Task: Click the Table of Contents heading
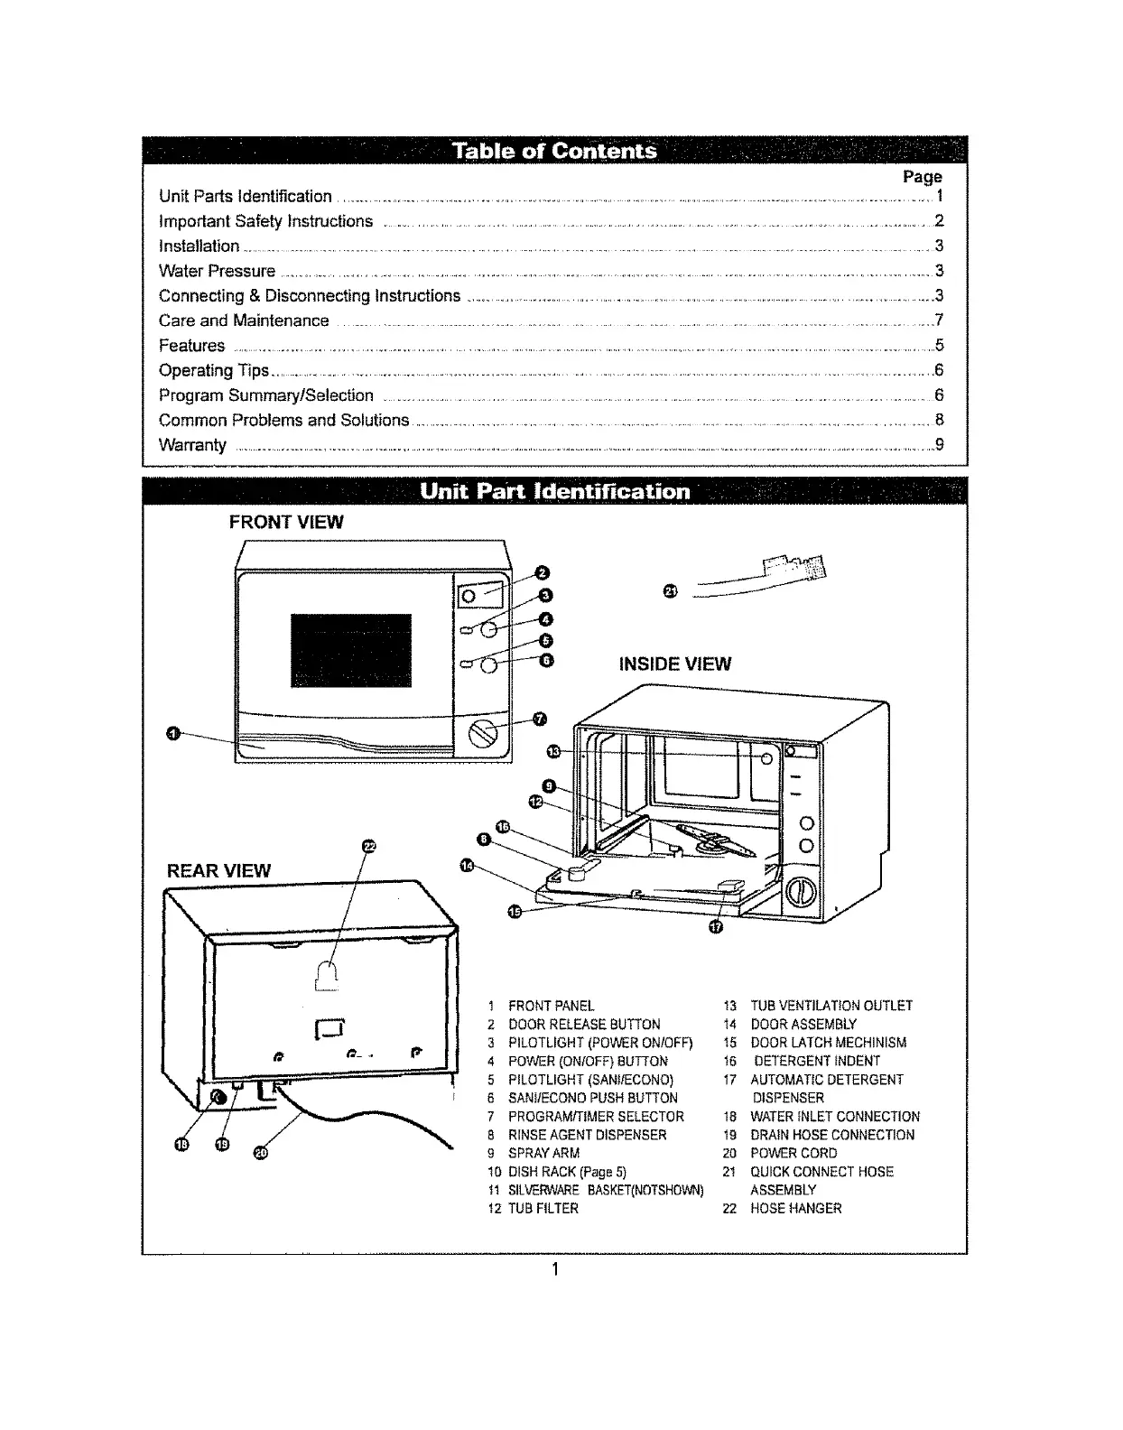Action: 554,150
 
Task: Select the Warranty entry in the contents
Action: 192,445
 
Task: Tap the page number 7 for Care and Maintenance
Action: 939,320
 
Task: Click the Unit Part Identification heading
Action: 554,492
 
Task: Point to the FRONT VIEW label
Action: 286,522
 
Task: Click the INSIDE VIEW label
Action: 674,664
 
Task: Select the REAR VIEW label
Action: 218,870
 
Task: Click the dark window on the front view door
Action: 350,650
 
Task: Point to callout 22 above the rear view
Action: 367,846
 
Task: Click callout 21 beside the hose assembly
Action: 669,591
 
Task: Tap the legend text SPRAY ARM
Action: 543,1153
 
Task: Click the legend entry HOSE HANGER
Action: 795,1208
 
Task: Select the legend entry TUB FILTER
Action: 543,1208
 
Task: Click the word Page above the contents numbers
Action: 922,177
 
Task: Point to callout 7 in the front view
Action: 540,719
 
